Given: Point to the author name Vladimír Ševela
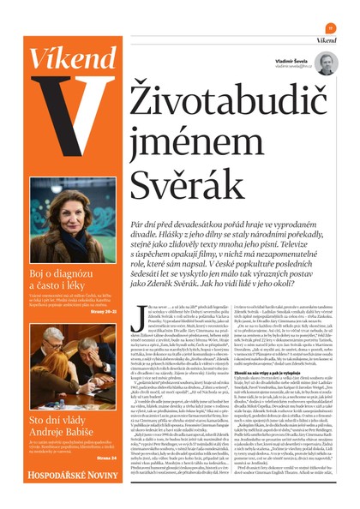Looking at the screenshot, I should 293,58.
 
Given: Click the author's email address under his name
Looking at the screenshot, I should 291,65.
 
